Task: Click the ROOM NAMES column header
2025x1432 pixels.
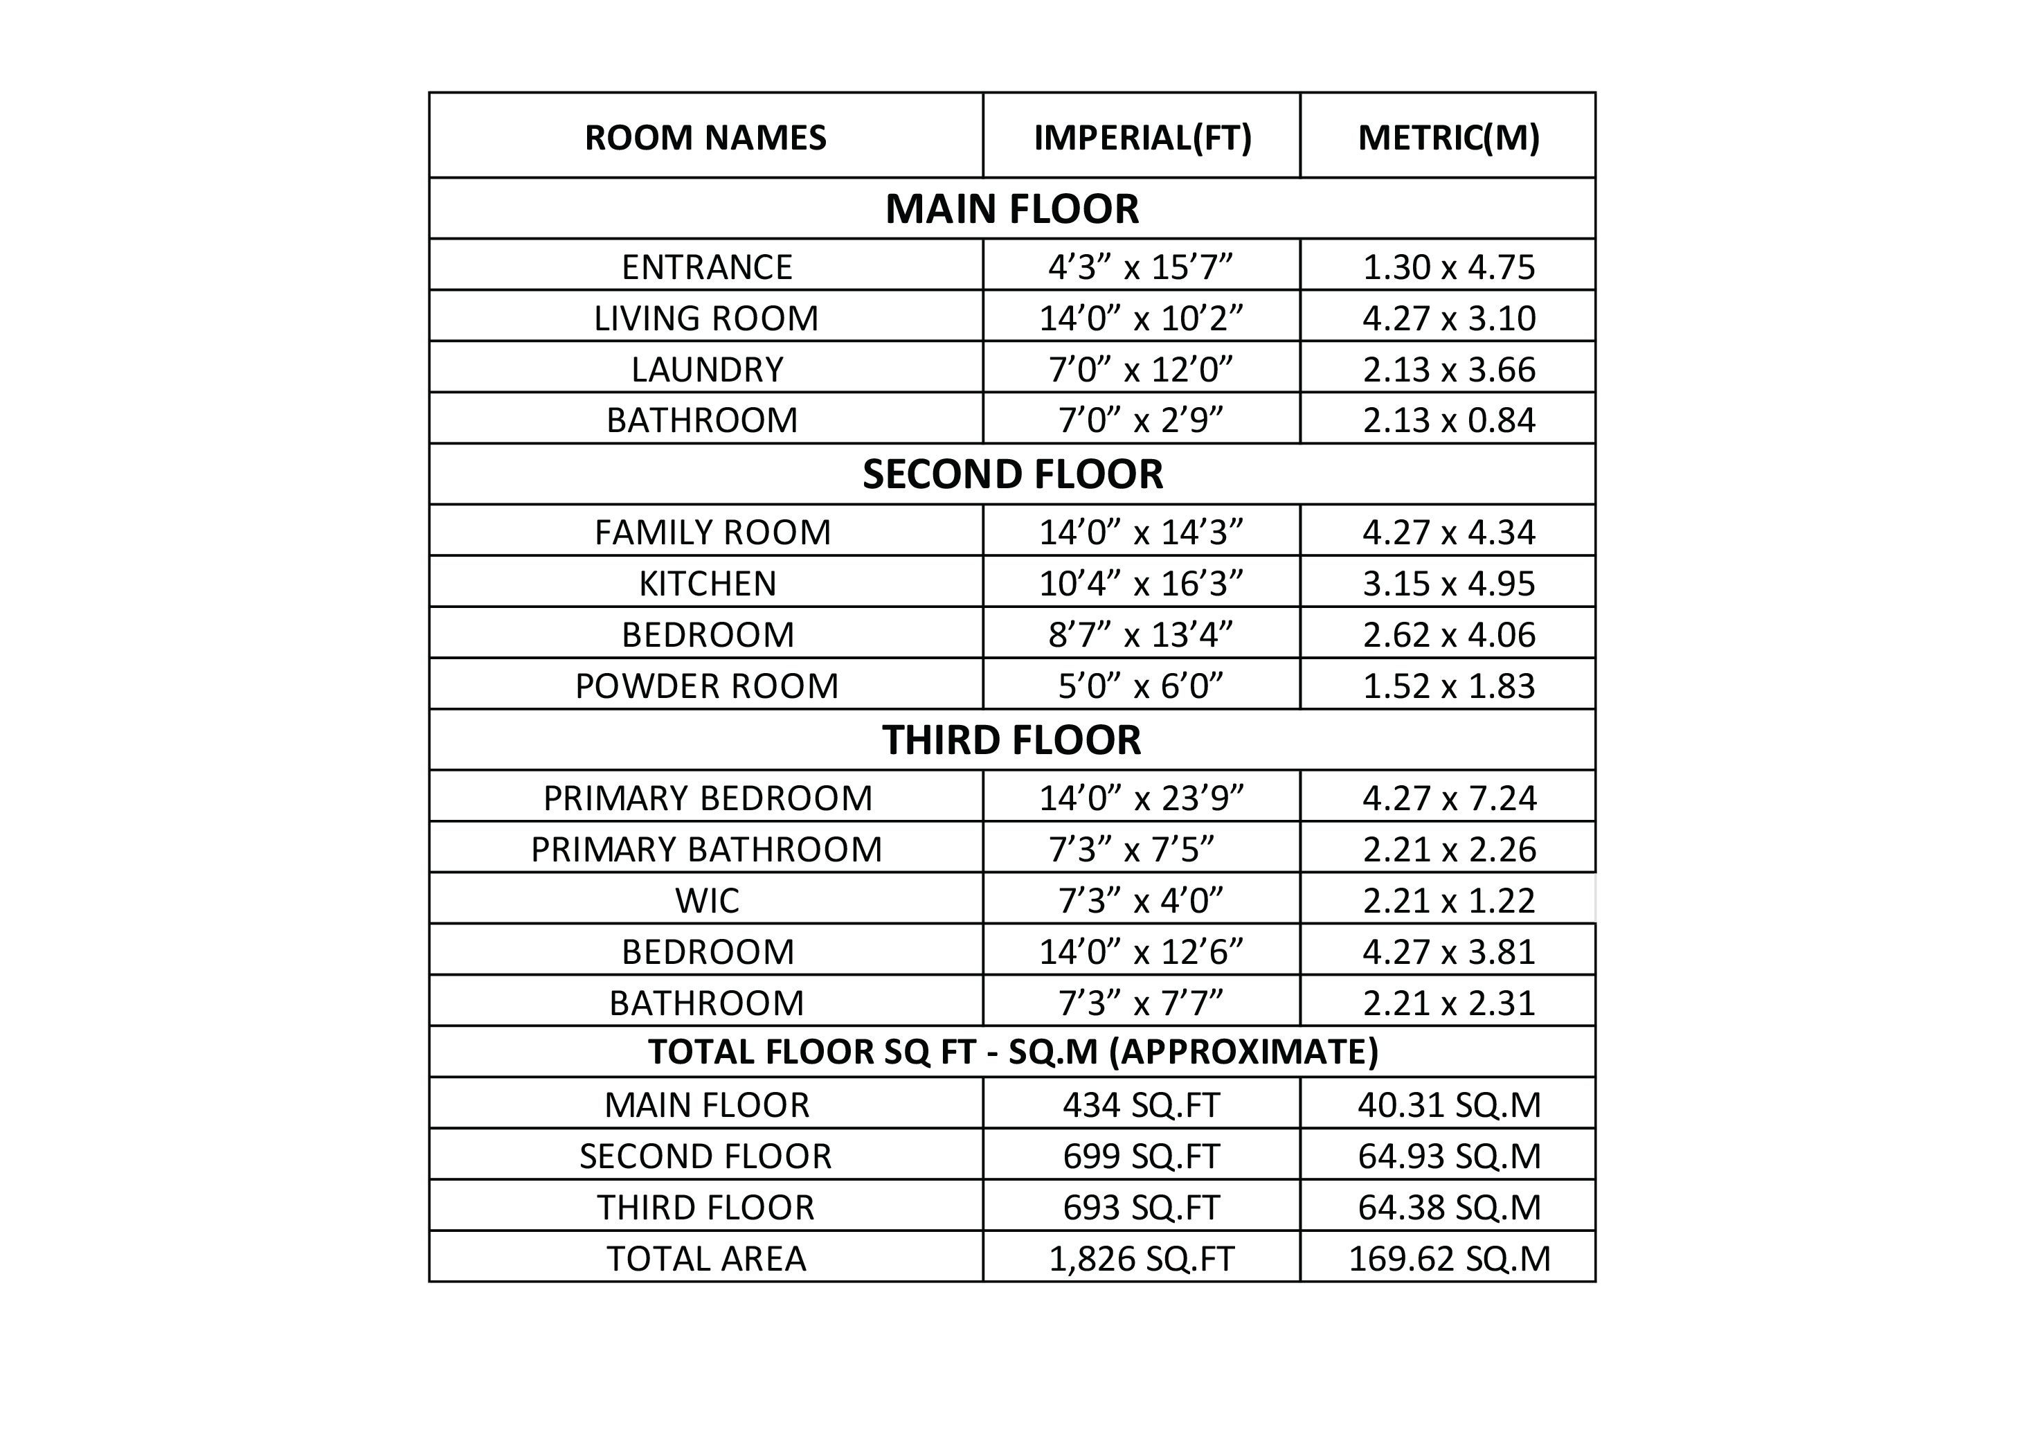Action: (705, 138)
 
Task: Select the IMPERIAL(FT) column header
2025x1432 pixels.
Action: (1142, 138)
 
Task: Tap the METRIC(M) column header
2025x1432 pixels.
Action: (1448, 138)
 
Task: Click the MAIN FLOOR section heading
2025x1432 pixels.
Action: (1011, 209)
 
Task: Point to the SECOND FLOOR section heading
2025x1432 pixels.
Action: (1011, 475)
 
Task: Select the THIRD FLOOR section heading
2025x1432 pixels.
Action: (1011, 740)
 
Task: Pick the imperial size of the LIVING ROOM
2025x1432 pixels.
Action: (1141, 318)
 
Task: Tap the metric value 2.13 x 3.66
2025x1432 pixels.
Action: (1448, 369)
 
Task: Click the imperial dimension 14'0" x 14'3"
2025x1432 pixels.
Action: (1141, 532)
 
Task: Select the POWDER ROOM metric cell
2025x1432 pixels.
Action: (1448, 686)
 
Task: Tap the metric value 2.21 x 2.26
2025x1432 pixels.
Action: (1448, 849)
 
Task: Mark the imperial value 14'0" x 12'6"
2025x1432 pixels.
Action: (1141, 951)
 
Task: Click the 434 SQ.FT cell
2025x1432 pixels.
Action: (1141, 1104)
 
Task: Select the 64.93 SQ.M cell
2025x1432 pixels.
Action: (1448, 1156)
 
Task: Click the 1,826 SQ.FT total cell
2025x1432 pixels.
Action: (1141, 1258)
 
